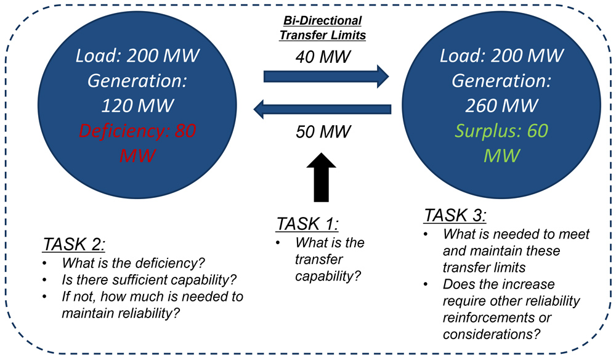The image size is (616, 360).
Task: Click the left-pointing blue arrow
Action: tap(323, 110)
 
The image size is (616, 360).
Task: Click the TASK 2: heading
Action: tap(74, 245)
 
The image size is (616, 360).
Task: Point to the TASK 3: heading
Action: tap(455, 216)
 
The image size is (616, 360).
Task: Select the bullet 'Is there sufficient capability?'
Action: tap(144, 281)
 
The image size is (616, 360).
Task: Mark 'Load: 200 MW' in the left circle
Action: tap(137, 56)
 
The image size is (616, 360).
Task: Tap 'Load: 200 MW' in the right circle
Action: tap(501, 56)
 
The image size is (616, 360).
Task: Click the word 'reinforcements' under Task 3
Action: tap(484, 317)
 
